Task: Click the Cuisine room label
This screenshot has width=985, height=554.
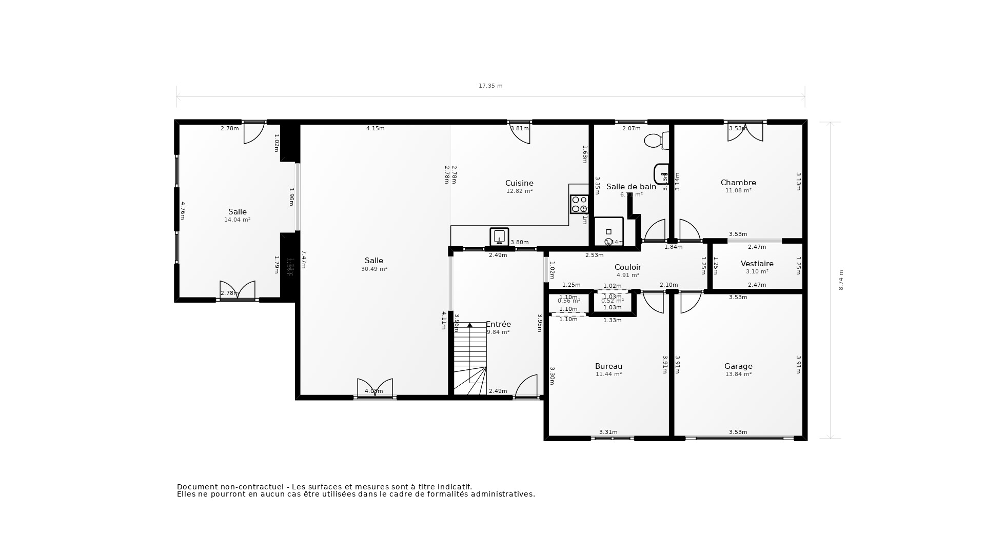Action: pyautogui.click(x=519, y=183)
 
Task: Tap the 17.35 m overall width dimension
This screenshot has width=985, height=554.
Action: pyautogui.click(x=490, y=86)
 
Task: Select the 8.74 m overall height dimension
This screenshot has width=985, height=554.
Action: pyautogui.click(x=841, y=280)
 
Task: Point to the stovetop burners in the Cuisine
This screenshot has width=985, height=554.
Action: pyautogui.click(x=579, y=204)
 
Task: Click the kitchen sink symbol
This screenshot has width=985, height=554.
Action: pyautogui.click(x=499, y=237)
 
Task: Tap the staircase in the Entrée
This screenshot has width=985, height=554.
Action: pyautogui.click(x=470, y=359)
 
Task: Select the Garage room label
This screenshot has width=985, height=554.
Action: pyautogui.click(x=738, y=366)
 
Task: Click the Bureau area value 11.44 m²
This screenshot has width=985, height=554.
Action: pyautogui.click(x=608, y=374)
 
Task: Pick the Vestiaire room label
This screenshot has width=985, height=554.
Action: pyautogui.click(x=757, y=264)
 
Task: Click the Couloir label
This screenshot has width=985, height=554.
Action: pyautogui.click(x=628, y=267)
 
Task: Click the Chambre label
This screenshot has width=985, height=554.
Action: pyautogui.click(x=738, y=183)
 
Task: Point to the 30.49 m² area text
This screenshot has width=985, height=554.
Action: pyautogui.click(x=374, y=269)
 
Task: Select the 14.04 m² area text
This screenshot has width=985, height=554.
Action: pyautogui.click(x=237, y=220)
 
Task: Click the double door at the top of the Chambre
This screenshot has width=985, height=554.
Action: pyautogui.click(x=745, y=131)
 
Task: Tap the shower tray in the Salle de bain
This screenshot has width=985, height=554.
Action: pyautogui.click(x=609, y=232)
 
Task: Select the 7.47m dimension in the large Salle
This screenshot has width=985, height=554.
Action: pyautogui.click(x=304, y=260)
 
